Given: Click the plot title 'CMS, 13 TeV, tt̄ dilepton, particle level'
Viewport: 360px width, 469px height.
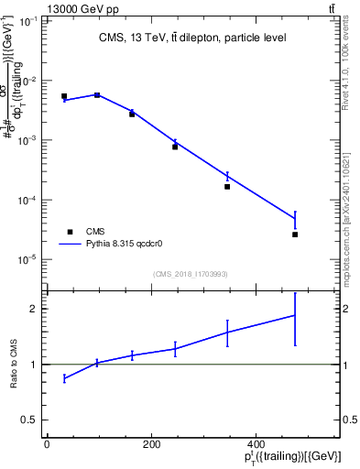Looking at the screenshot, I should pos(192,38).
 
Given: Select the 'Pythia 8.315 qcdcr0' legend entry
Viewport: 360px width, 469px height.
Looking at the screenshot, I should pos(110,245).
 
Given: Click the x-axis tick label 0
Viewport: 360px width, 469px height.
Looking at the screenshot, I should pos(47,445).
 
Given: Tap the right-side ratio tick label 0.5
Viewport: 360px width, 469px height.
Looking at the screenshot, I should pos(350,420).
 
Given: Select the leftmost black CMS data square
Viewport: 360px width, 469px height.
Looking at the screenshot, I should pos(64,96).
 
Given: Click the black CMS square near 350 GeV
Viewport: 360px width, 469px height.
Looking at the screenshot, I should pos(227,187).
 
